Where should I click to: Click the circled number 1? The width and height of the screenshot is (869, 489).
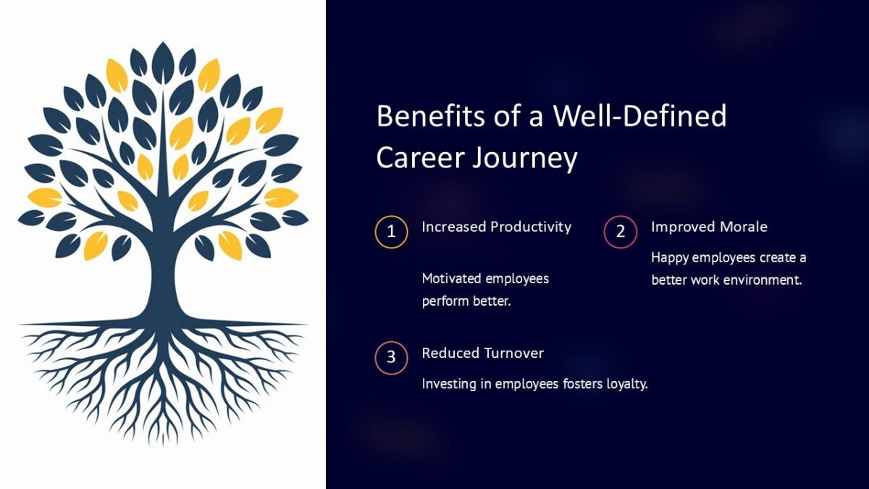click(x=391, y=232)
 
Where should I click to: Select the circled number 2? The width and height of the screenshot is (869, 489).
click(x=621, y=232)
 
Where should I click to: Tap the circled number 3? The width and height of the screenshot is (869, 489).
click(x=391, y=358)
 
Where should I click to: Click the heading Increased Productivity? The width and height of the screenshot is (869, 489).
click(x=496, y=227)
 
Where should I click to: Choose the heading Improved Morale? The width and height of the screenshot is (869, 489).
click(x=708, y=227)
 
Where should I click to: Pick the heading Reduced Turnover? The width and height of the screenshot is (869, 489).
click(x=482, y=353)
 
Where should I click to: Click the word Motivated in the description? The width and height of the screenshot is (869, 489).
click(x=451, y=279)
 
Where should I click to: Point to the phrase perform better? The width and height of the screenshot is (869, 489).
click(x=466, y=301)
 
